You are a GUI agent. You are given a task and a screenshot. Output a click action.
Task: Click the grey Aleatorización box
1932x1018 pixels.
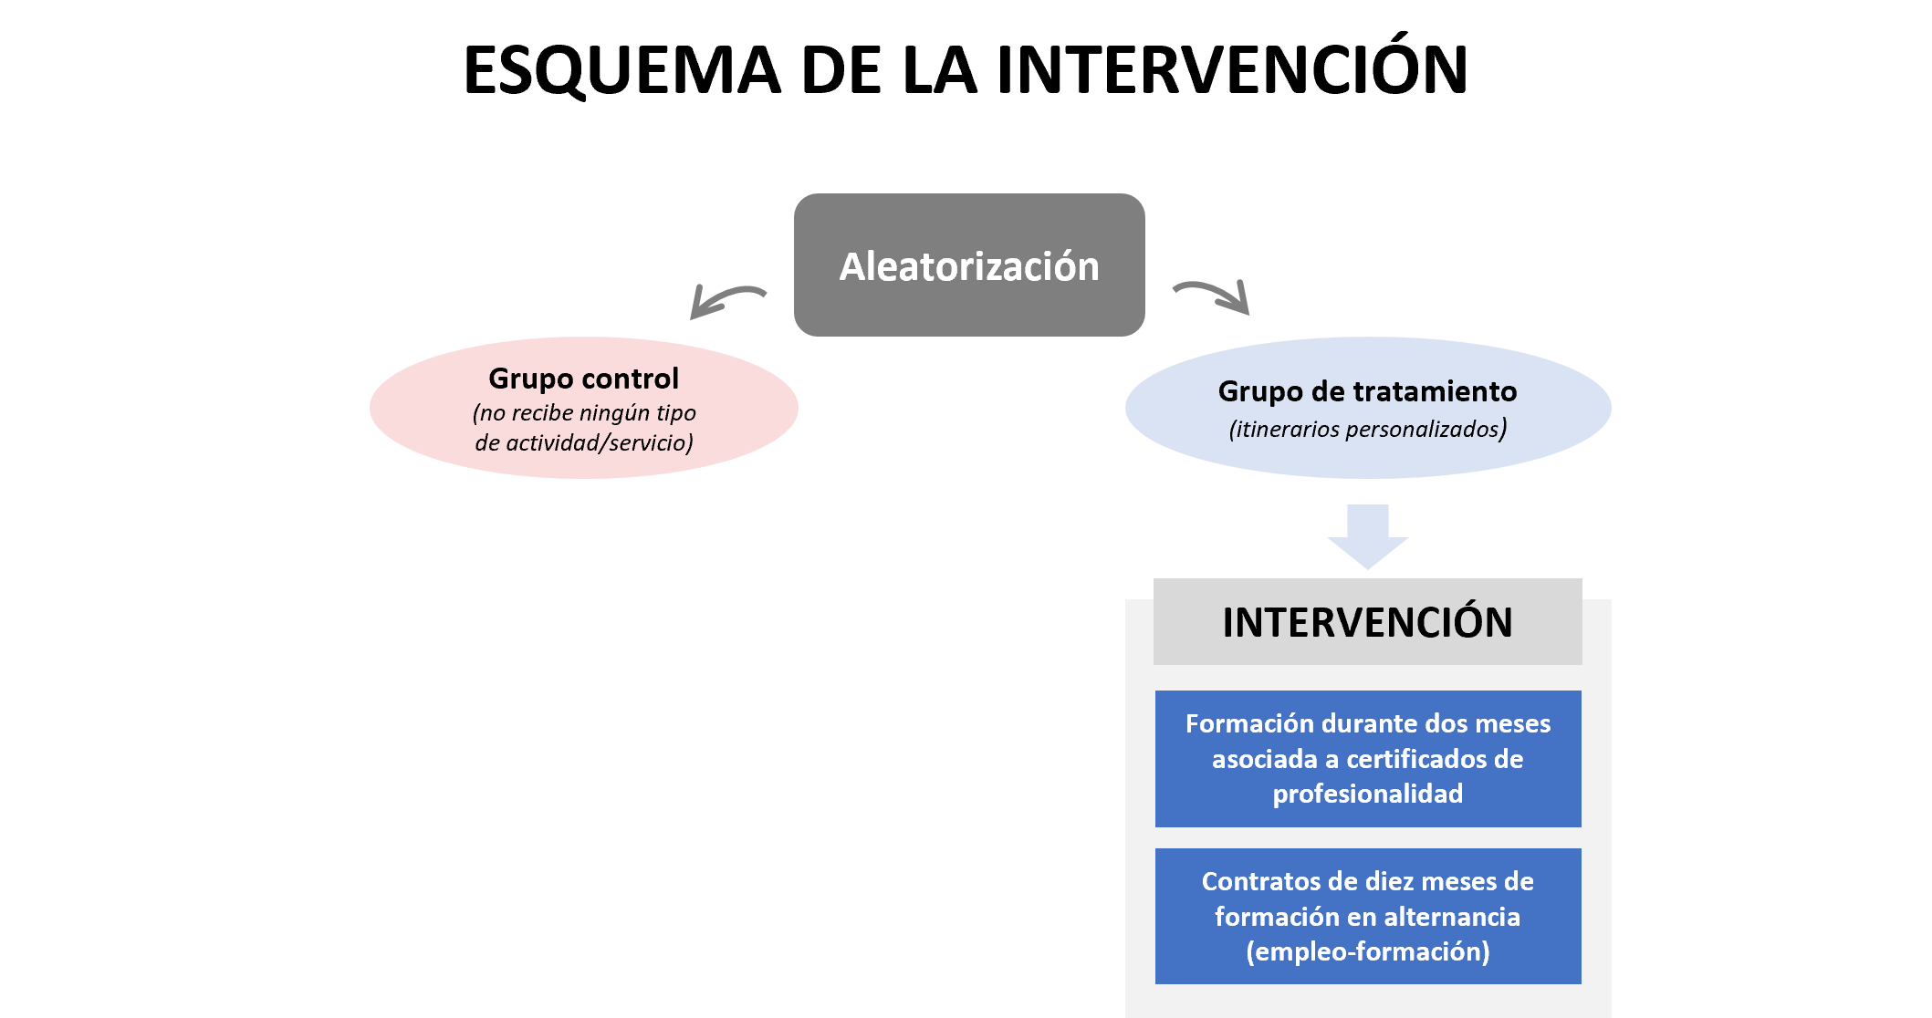pyautogui.click(x=969, y=310)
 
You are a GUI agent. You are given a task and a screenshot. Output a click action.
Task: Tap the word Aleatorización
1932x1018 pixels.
pyautogui.click(x=969, y=266)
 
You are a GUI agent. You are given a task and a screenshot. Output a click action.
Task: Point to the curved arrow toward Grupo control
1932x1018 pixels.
pyautogui.click(x=726, y=298)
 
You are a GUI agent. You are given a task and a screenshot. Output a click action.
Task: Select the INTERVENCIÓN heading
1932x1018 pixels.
pyautogui.click(x=1367, y=622)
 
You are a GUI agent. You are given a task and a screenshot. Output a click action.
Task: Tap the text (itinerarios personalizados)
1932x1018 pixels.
pyautogui.click(x=1367, y=429)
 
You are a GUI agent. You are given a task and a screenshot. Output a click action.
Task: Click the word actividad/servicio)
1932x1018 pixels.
pyautogui.click(x=599, y=443)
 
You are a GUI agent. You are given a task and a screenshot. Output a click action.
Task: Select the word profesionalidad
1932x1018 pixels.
pyautogui.click(x=1367, y=794)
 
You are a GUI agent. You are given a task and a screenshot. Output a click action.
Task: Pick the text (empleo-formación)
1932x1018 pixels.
pyautogui.click(x=1367, y=951)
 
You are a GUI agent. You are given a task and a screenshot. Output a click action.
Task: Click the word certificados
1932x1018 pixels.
pyautogui.click(x=1418, y=759)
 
